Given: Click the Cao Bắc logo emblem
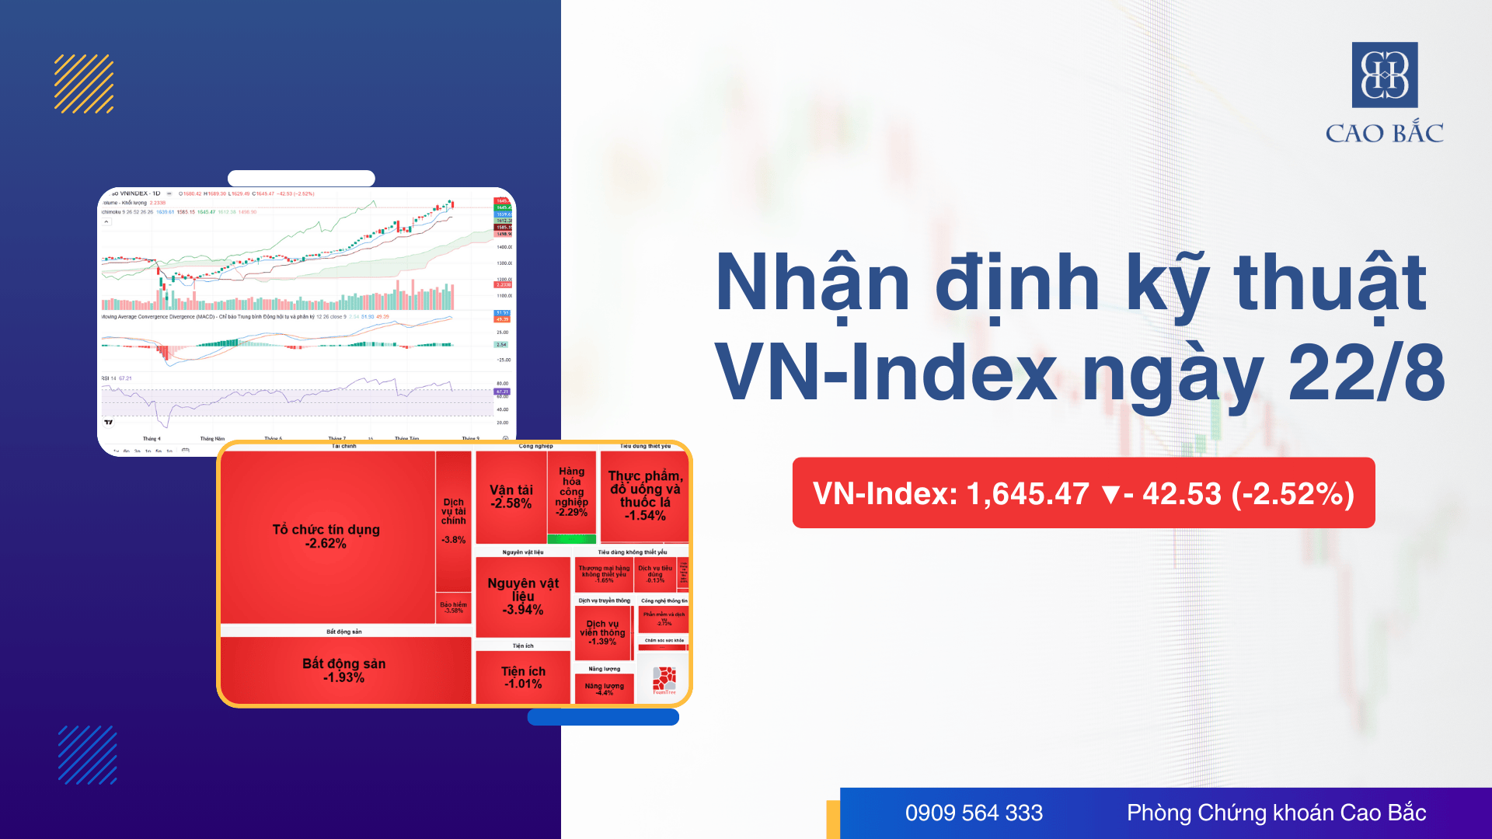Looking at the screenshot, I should (1385, 75).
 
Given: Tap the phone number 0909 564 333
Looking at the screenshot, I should (974, 813).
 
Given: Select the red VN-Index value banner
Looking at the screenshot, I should (1083, 493).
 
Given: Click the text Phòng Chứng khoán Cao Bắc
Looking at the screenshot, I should (1276, 813).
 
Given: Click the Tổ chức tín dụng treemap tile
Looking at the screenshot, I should (326, 536).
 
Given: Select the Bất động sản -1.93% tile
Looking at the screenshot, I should (344, 670).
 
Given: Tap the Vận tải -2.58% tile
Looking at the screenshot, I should (511, 497).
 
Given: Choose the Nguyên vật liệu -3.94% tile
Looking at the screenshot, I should (523, 596).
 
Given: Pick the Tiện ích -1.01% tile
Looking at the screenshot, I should (523, 677).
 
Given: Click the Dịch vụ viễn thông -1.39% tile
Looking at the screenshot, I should (602, 632).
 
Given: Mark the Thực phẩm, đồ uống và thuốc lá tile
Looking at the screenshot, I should (645, 496).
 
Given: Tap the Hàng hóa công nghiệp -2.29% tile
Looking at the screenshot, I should (571, 492).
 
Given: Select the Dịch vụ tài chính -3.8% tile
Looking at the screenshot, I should (454, 521).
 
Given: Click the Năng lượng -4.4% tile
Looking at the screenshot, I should (604, 689).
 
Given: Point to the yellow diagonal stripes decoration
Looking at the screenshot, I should (84, 84).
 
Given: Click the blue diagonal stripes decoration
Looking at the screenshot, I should (88, 755).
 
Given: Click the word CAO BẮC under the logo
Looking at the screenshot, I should (1384, 133).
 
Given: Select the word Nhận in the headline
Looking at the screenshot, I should (812, 284).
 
